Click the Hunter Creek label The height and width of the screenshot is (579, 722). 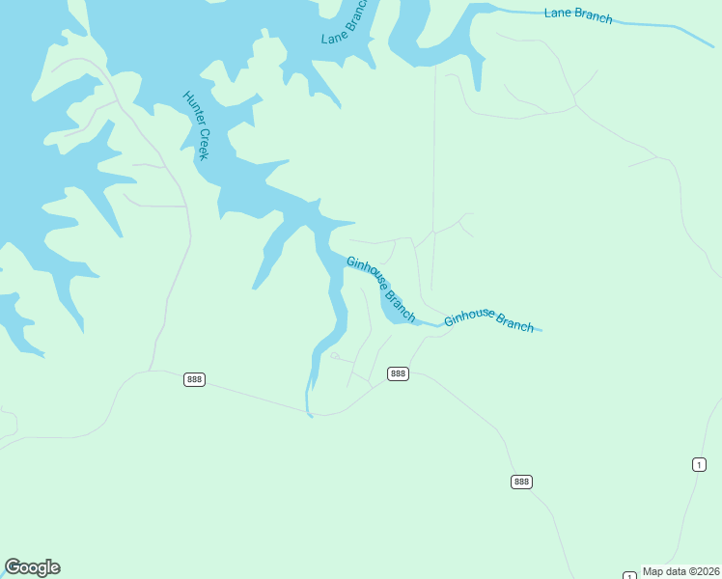pyautogui.click(x=195, y=125)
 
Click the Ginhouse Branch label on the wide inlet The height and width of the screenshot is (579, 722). pyautogui.click(x=381, y=289)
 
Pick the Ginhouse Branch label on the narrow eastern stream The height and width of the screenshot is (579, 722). pyautogui.click(x=488, y=319)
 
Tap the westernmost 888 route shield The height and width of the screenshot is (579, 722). pyautogui.click(x=194, y=380)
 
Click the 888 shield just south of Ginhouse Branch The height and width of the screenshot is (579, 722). pyautogui.click(x=398, y=373)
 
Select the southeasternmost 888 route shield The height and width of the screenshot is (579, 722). pyautogui.click(x=521, y=482)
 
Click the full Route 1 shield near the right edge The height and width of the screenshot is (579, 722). pyautogui.click(x=699, y=465)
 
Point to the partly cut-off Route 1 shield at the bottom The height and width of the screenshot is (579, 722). pyautogui.click(x=629, y=575)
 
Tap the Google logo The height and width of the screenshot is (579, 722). pyautogui.click(x=32, y=567)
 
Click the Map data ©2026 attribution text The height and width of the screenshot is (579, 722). pyautogui.click(x=680, y=571)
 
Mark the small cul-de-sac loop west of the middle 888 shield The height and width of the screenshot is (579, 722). pyautogui.click(x=334, y=356)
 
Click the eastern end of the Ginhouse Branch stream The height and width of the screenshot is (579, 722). pyautogui.click(x=541, y=331)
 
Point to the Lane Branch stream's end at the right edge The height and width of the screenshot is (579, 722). pyautogui.click(x=713, y=45)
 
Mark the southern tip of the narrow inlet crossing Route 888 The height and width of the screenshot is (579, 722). pyautogui.click(x=310, y=416)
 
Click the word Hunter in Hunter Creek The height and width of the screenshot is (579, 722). pyautogui.click(x=190, y=109)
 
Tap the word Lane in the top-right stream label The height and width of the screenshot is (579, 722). pyautogui.click(x=558, y=12)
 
